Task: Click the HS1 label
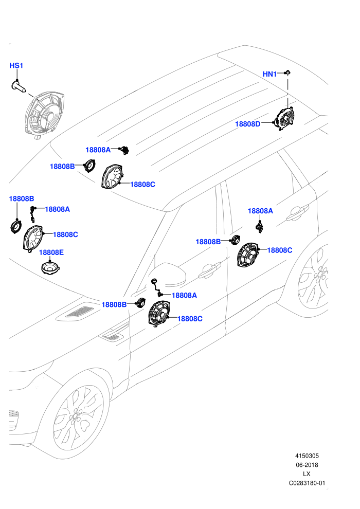16,66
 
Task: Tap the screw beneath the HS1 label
19,86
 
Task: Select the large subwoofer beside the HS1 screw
44,115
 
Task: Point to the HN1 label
269,75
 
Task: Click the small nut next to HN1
287,72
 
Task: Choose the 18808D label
248,124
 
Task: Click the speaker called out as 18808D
285,118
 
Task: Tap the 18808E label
51,252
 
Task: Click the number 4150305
307,456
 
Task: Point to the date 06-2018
307,465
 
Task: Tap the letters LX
307,474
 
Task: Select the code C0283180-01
307,483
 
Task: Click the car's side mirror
169,275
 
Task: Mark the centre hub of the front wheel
75,416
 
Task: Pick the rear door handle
298,212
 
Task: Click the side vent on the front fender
113,336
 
